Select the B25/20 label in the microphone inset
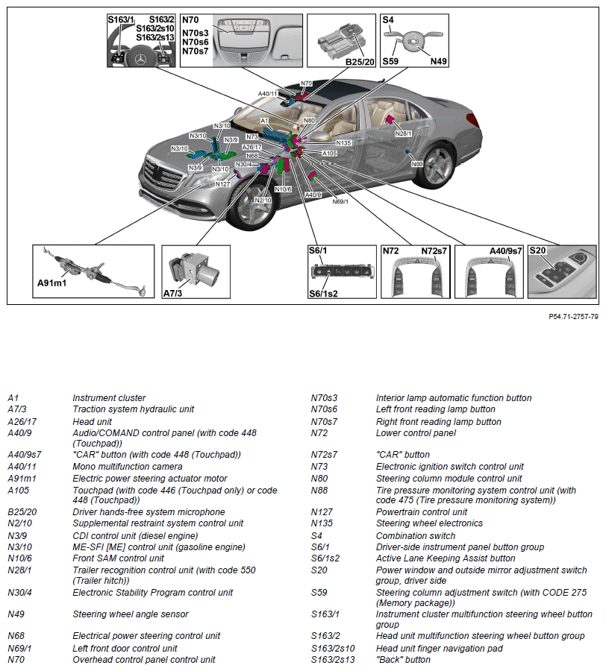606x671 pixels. point(359,61)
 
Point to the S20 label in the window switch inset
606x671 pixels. point(537,251)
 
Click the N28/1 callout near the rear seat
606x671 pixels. point(403,133)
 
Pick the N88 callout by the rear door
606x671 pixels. point(418,163)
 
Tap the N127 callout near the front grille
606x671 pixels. point(222,183)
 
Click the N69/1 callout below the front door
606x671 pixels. point(339,201)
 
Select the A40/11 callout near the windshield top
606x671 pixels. point(269,94)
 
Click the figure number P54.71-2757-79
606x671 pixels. point(573,317)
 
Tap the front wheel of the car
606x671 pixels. point(254,206)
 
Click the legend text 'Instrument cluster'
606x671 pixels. point(109,398)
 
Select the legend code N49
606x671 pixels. point(17,614)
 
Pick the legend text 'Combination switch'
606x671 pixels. point(415,535)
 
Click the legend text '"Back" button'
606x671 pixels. point(403,660)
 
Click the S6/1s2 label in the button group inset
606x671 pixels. point(323,294)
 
